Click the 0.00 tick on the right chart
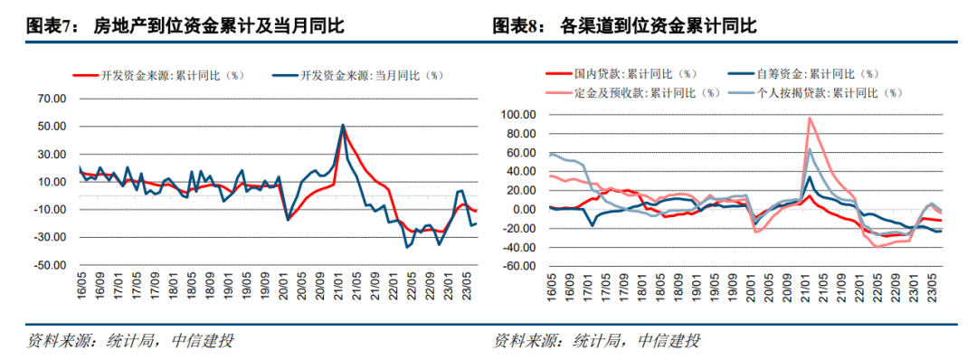point(525,210)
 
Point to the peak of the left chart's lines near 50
point(343,126)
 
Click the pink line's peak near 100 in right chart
point(810,118)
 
